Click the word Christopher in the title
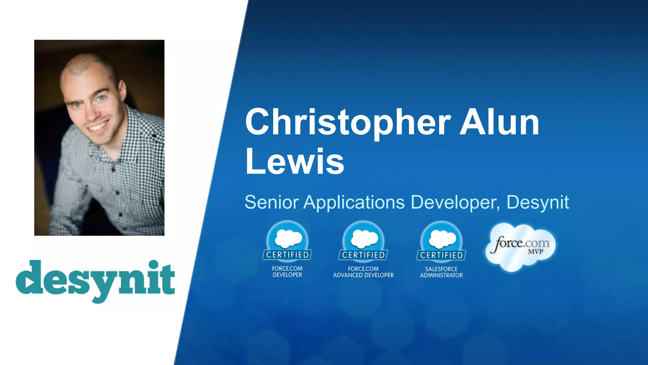[347, 123]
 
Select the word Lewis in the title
[295, 162]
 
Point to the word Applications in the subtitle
[354, 203]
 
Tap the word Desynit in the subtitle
[538, 203]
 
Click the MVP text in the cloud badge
[535, 252]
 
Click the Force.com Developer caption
[287, 272]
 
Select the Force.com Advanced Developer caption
[363, 272]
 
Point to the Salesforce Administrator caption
[441, 272]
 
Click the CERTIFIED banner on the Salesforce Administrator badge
[441, 255]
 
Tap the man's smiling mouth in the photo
[99, 126]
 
